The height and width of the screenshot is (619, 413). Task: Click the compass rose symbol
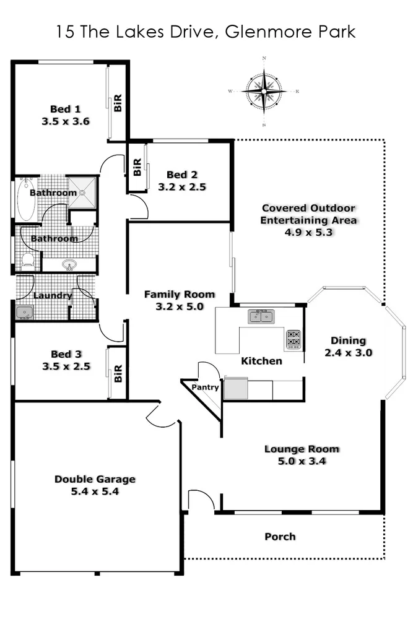pos(264,92)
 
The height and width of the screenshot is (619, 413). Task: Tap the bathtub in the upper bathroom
pos(26,199)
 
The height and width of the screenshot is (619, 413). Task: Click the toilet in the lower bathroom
pos(27,261)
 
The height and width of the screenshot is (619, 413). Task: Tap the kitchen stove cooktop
pos(293,339)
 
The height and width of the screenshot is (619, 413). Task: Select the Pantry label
pos(205,387)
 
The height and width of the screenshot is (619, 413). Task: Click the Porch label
pos(280,537)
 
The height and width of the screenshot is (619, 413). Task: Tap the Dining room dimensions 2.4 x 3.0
pos(348,353)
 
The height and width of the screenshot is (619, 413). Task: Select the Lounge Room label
pos(302,449)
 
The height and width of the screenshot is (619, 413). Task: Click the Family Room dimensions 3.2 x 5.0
pos(179,306)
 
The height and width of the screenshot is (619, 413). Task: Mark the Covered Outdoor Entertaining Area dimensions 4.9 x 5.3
pos(309,232)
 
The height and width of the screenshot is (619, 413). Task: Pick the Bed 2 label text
pos(181,175)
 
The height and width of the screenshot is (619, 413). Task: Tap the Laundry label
pos(53,296)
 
